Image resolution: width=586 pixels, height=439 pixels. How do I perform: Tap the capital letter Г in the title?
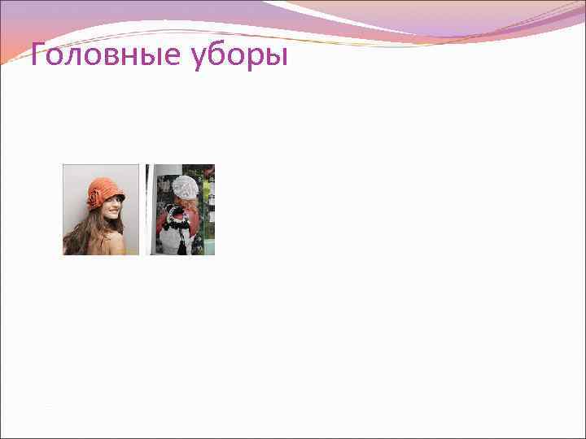click(x=37, y=57)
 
